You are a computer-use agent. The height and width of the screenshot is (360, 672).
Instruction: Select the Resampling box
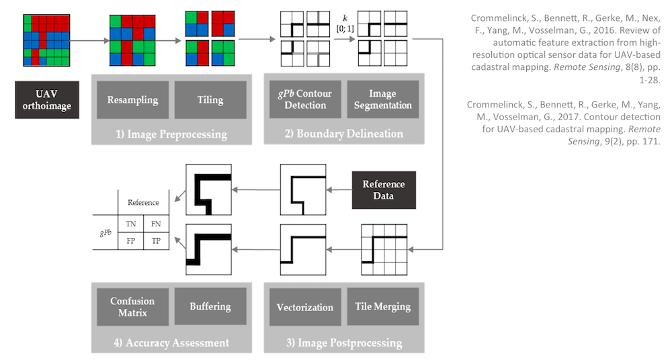coord(132,100)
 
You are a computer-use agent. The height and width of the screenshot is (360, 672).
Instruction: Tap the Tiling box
coord(210,100)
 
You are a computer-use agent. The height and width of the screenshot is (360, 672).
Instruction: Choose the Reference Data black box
coord(384,190)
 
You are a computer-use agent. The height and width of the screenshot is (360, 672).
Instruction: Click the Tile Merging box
coord(382,307)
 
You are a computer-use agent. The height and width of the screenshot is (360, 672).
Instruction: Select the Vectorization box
coord(305,307)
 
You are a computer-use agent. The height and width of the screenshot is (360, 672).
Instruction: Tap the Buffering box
coord(210,307)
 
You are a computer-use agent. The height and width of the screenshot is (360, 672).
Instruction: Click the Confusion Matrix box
coord(132,307)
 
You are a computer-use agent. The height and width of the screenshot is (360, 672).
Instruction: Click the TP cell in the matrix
coord(157,240)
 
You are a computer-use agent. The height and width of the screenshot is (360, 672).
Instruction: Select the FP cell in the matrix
coord(131,240)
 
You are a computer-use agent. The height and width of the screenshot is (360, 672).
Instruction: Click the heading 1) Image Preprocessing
coord(171,134)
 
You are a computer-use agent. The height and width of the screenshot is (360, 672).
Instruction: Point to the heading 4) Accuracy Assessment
coord(171,343)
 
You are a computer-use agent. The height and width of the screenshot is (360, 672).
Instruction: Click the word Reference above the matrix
coord(144,202)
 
